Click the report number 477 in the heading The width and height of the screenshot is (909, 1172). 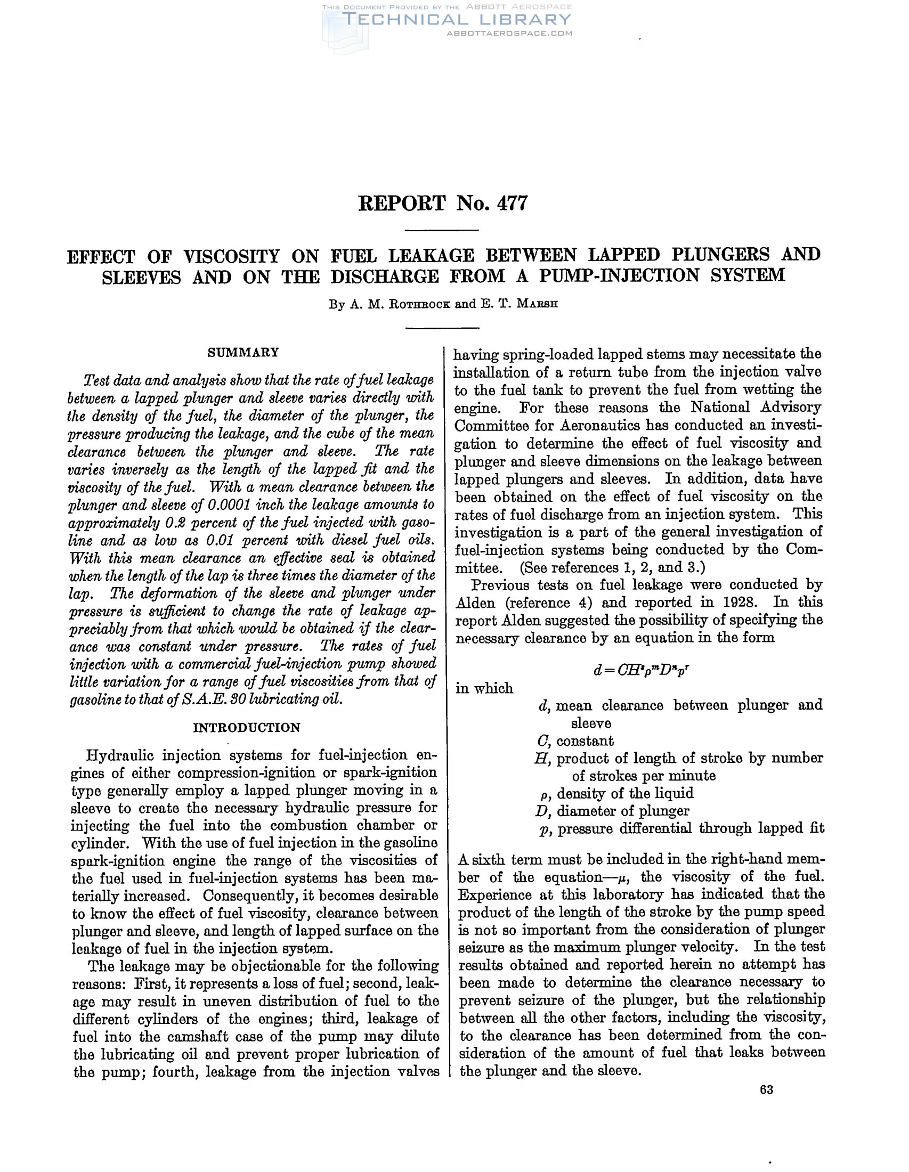[512, 204]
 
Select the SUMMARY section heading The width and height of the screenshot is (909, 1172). [243, 352]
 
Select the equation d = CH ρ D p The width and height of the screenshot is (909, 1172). [640, 670]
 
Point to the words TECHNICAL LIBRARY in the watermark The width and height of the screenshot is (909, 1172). [456, 20]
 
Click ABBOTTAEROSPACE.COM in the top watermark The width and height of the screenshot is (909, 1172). [509, 33]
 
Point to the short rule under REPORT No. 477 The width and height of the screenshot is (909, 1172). [441, 230]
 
